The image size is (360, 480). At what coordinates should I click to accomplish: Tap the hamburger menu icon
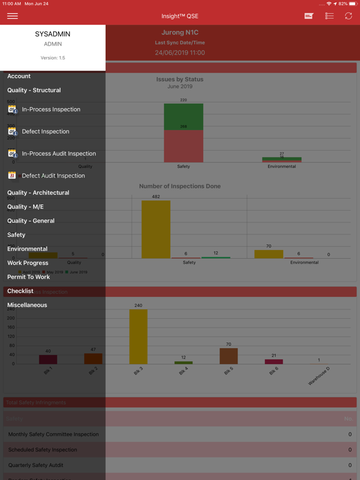pyautogui.click(x=12, y=16)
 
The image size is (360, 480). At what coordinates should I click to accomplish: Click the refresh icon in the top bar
pyautogui.click(x=348, y=16)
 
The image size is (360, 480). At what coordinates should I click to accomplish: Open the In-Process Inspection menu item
pyautogui.click(x=51, y=109)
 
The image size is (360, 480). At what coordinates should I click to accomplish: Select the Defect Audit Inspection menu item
pyautogui.click(x=53, y=176)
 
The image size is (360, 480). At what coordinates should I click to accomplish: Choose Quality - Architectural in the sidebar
pyautogui.click(x=38, y=192)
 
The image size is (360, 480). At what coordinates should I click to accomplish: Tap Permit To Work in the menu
pyautogui.click(x=28, y=277)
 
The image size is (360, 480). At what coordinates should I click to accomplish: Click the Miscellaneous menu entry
pyautogui.click(x=27, y=305)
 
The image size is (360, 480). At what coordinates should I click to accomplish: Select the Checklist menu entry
pyautogui.click(x=20, y=291)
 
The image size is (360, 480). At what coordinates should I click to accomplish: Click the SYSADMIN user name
pyautogui.click(x=52, y=34)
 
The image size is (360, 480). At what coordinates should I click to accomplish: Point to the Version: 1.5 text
pyautogui.click(x=52, y=57)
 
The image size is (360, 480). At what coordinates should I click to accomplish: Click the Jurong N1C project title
pyautogui.click(x=180, y=32)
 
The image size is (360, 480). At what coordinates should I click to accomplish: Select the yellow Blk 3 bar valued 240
pyautogui.click(x=138, y=336)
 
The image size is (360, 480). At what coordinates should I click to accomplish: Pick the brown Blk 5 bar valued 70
pyautogui.click(x=228, y=356)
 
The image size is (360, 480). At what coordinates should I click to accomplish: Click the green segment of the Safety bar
pyautogui.click(x=183, y=116)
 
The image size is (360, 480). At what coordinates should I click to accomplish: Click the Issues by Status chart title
pyautogui.click(x=180, y=79)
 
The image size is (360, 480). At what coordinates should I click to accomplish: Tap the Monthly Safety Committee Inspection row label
pyautogui.click(x=53, y=434)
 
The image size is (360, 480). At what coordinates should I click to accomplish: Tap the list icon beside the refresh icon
pyautogui.click(x=329, y=16)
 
